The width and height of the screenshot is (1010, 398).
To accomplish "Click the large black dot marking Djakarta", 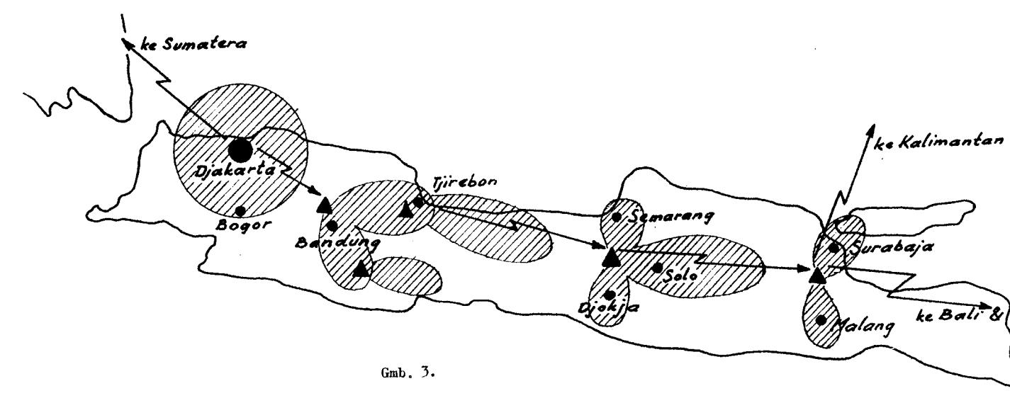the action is [240, 150].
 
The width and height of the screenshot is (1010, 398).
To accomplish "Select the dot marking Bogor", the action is [240, 210].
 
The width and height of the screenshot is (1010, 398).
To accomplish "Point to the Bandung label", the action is [337, 244].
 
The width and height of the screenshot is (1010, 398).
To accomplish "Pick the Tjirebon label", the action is [464, 182].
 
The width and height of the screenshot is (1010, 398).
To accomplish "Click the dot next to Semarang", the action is [617, 217].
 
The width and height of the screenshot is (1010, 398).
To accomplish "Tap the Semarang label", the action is [671, 217].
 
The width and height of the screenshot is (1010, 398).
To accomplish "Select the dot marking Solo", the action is [658, 268].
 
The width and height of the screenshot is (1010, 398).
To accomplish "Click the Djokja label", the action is [609, 309].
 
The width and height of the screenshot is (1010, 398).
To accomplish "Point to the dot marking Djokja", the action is [609, 295].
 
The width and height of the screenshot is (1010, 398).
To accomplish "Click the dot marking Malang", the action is [821, 320].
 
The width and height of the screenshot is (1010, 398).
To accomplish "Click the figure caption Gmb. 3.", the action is [408, 373].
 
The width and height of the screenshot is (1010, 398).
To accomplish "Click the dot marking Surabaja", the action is [834, 247].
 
